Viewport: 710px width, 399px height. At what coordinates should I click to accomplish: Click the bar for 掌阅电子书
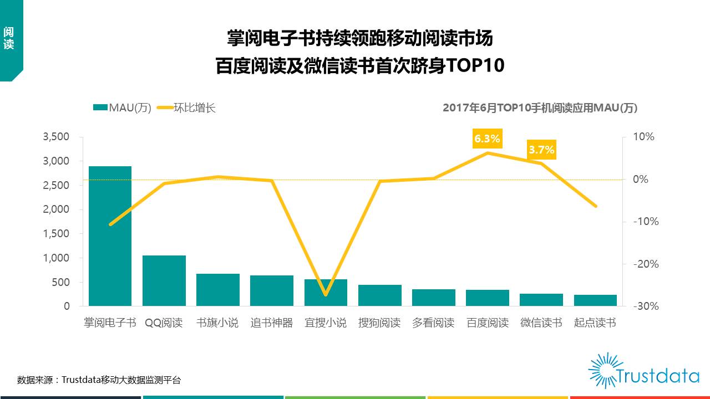pyautogui.click(x=110, y=236)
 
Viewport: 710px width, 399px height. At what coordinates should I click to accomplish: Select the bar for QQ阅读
pyautogui.click(x=164, y=280)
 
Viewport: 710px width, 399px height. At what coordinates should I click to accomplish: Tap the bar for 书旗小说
pyautogui.click(x=218, y=289)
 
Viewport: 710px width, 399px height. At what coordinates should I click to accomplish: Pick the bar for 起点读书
pyautogui.click(x=595, y=300)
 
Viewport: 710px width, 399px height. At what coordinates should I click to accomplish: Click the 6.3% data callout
pyautogui.click(x=487, y=139)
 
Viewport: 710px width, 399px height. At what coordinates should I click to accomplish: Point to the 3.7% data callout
pyautogui.click(x=541, y=150)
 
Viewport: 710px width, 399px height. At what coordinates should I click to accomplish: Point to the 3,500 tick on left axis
pyautogui.click(x=56, y=137)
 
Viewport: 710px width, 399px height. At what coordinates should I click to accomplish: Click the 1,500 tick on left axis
pyautogui.click(x=56, y=234)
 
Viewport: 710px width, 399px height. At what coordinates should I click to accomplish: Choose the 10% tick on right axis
pyautogui.click(x=645, y=137)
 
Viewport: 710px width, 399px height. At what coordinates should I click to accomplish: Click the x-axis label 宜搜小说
pyautogui.click(x=326, y=323)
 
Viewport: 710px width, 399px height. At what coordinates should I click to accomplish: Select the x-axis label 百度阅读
pyautogui.click(x=488, y=323)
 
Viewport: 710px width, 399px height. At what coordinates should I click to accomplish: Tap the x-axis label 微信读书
pyautogui.click(x=541, y=323)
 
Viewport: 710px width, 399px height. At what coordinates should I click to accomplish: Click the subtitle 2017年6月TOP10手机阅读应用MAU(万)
pyautogui.click(x=540, y=108)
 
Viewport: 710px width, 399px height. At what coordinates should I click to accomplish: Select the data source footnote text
pyautogui.click(x=99, y=380)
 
